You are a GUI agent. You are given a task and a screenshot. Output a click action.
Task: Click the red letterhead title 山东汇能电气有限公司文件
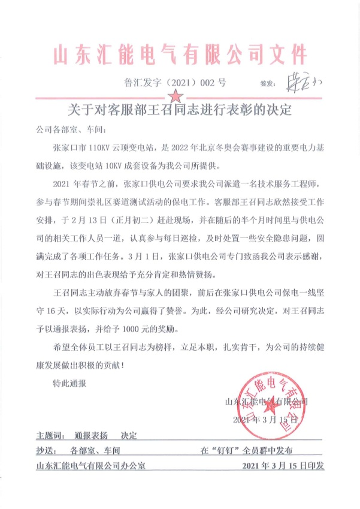tap(180, 55)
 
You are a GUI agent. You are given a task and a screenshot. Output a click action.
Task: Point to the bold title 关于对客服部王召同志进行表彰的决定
tap(180, 112)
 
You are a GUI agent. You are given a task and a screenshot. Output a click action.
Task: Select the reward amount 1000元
tap(154, 329)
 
